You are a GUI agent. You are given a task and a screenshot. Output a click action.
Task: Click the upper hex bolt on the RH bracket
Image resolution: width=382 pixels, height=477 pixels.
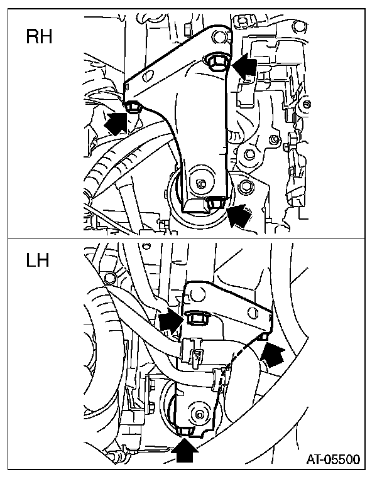coord(216,61)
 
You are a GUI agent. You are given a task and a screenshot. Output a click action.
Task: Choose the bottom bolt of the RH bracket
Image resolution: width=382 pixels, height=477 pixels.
coord(216,202)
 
